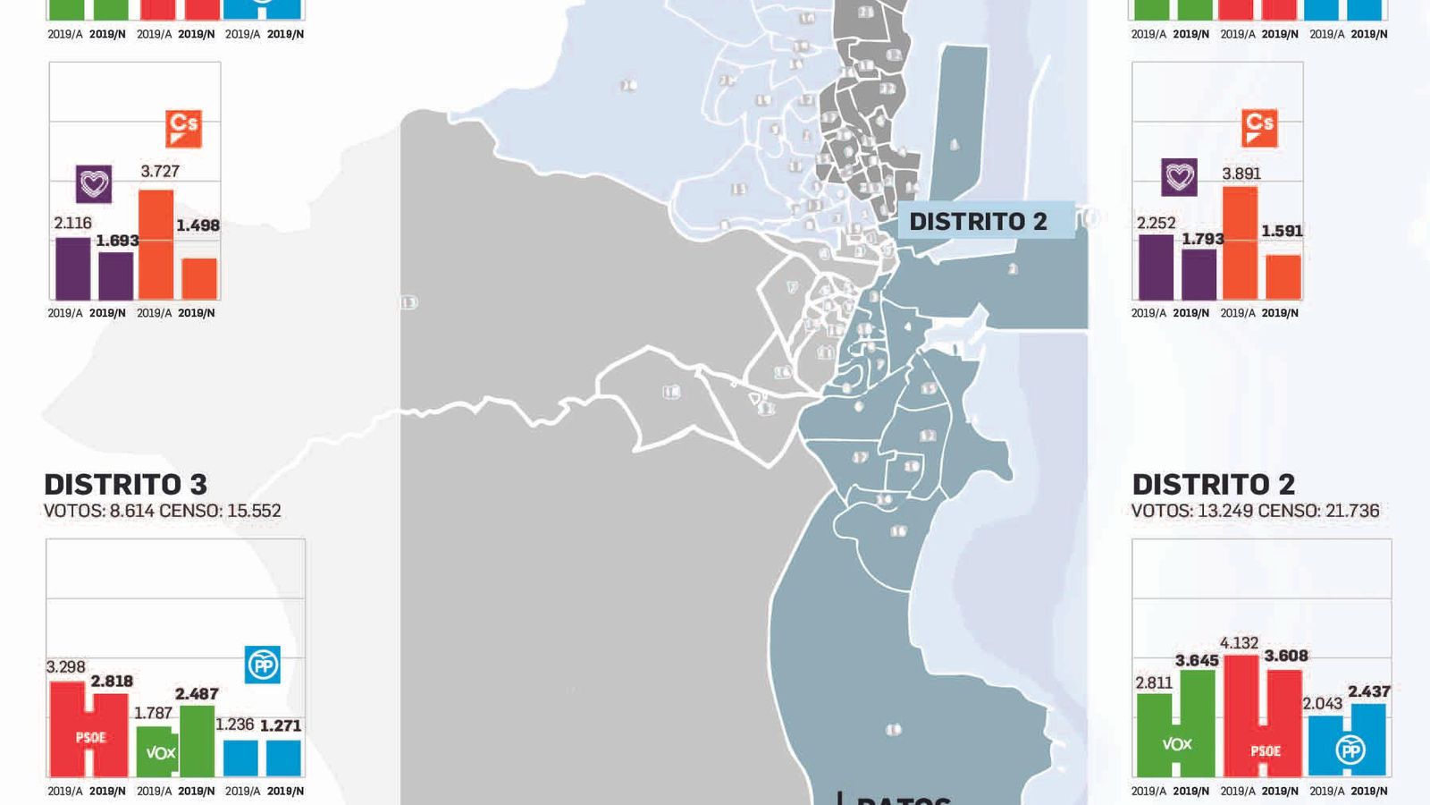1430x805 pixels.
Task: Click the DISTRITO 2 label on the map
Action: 978,221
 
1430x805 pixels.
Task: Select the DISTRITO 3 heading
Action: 126,484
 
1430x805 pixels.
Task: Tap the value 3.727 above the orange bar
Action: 160,171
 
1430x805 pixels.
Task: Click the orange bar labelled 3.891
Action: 1240,243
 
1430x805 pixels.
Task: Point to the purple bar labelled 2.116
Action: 72,268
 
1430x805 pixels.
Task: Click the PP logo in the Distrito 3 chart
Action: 263,665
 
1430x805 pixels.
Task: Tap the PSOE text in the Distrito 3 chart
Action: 90,738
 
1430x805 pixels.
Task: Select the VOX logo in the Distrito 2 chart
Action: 1176,744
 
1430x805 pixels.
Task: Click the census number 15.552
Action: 253,511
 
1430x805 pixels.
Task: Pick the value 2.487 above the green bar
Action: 197,693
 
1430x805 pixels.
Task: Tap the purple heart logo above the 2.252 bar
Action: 1179,177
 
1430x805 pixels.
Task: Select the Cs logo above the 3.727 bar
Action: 184,128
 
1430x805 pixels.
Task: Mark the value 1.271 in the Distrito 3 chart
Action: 281,725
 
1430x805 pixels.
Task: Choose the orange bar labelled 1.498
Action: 199,278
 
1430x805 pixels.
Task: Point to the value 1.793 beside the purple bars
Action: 1202,239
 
